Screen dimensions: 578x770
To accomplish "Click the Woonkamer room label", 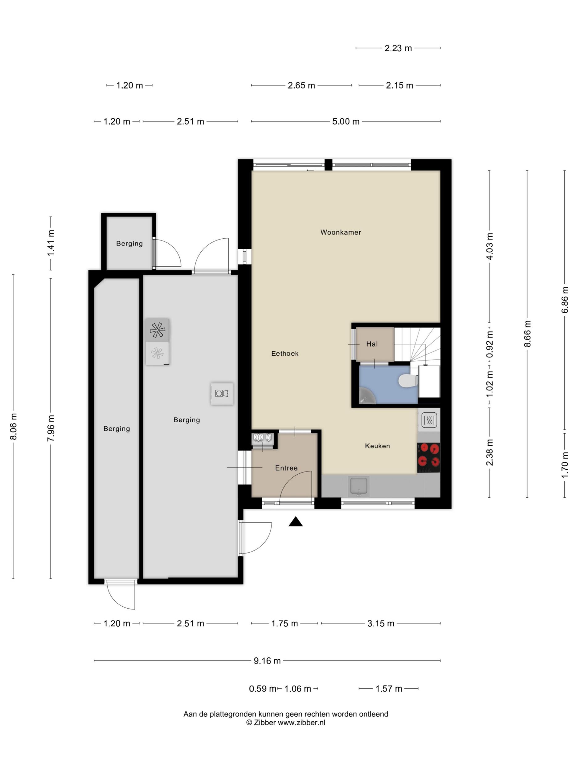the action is coord(340,232).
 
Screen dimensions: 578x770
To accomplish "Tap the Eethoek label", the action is coord(285,353).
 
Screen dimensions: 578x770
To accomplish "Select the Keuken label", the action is coord(377,446).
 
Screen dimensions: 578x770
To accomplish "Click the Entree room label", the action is coord(286,468).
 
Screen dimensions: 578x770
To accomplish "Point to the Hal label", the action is coord(372,344).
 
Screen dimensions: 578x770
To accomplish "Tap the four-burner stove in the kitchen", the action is coord(428,457).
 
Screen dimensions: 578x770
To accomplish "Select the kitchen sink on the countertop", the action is coord(359,486).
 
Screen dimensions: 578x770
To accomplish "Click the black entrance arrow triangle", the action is coord(295,521).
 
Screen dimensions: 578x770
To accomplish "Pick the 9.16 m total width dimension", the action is coord(267,660).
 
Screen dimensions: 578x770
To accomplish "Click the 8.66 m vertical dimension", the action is coord(527,334).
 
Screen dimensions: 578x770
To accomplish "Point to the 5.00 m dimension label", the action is coord(346,121).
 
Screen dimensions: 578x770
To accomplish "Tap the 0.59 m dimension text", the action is coord(263,689).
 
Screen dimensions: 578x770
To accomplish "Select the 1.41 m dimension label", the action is coord(51,243).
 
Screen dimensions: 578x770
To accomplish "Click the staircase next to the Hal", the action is coord(417,345).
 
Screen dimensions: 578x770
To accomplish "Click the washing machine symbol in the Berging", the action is coord(222,393).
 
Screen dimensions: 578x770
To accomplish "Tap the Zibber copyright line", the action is coord(286,722).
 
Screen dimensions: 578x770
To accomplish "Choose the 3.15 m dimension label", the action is coord(381,623).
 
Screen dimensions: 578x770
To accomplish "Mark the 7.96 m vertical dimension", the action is coord(51,428).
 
